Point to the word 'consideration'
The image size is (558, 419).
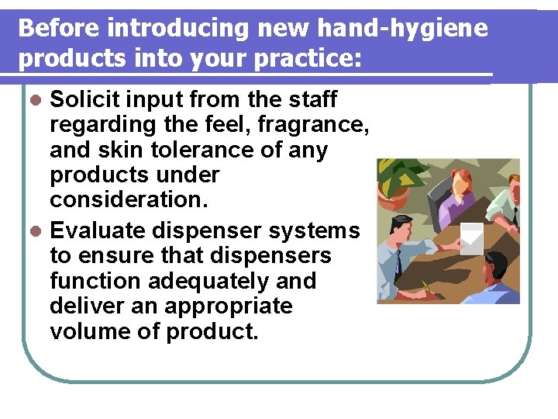tap(126, 199)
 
